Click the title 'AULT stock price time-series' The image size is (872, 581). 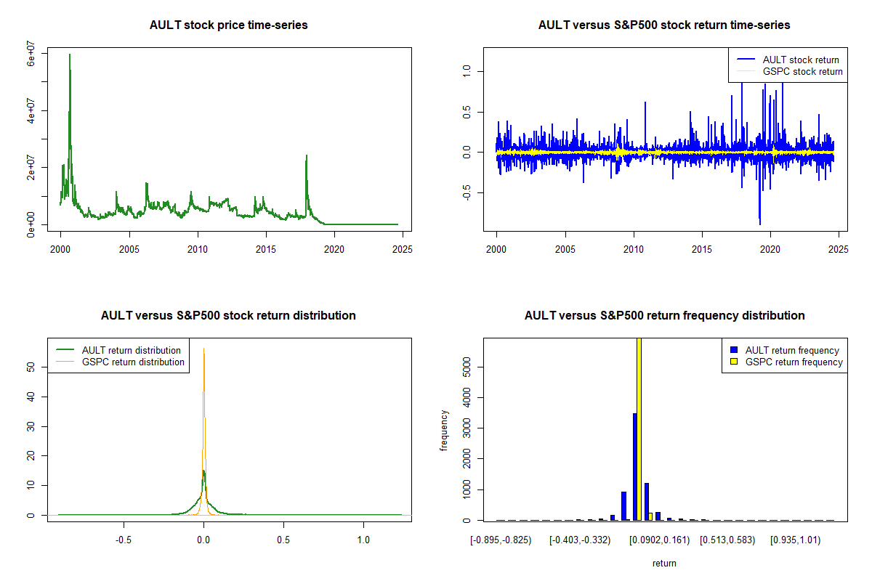tap(228, 25)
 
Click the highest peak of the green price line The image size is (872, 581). tap(70, 54)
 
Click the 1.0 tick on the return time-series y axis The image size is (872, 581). tap(467, 70)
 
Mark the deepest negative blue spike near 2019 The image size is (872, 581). tap(760, 224)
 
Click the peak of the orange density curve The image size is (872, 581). tap(204, 349)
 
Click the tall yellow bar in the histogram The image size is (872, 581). tap(639, 428)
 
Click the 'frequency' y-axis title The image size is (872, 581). tap(444, 430)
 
